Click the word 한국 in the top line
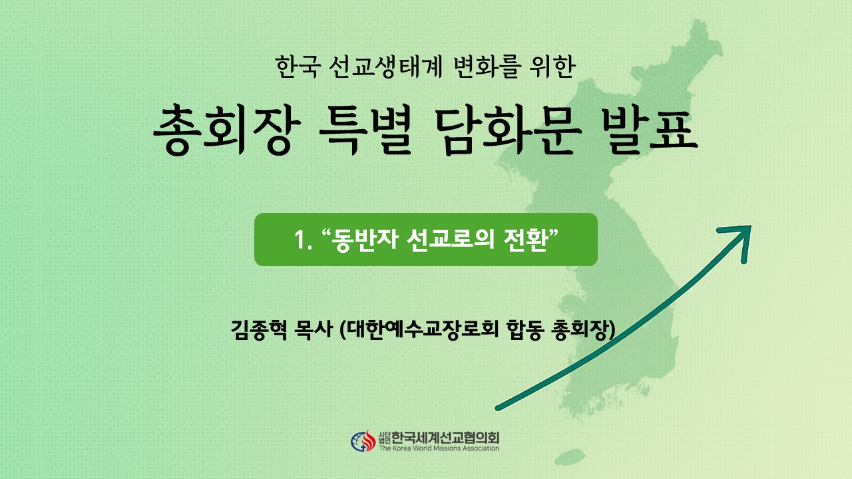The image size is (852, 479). [x=297, y=67]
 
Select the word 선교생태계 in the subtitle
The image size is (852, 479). [x=385, y=67]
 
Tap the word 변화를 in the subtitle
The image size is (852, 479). [x=487, y=67]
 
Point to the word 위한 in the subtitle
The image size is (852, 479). [x=554, y=67]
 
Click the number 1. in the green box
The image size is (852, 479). [x=303, y=240]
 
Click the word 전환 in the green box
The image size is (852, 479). [x=525, y=239]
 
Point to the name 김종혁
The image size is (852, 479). [x=259, y=330]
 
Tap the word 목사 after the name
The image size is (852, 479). [x=314, y=330]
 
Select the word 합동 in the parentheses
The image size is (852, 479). [x=525, y=330]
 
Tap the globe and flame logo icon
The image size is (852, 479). [x=363, y=441]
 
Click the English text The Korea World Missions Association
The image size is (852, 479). [x=439, y=448]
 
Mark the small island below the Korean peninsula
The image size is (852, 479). [x=570, y=457]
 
